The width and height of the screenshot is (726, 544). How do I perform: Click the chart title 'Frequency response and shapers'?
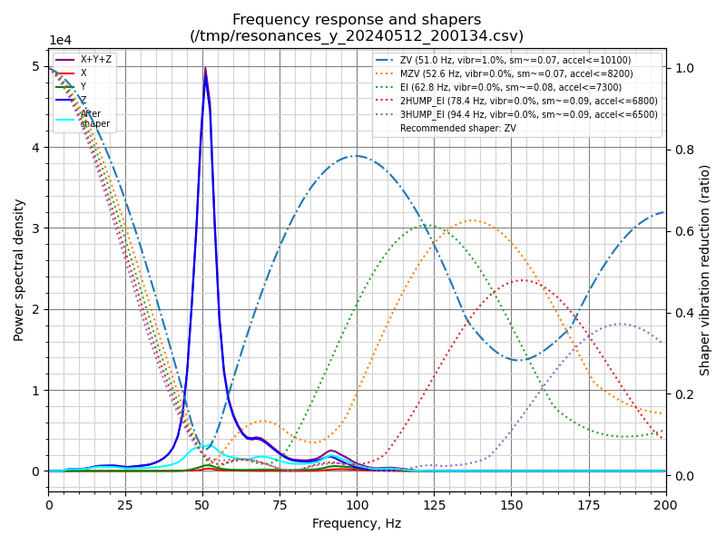357,20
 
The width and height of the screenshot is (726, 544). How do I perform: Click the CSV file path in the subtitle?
357,36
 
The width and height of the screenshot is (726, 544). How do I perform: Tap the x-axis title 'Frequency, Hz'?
357,523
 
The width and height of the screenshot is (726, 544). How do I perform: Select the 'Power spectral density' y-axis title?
20,269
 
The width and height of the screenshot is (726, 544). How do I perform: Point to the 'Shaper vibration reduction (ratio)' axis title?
705,269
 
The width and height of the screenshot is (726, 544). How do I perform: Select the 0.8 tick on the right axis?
683,150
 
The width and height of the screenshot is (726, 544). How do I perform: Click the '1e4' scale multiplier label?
60,41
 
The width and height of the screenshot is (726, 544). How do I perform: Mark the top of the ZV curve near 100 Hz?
357,156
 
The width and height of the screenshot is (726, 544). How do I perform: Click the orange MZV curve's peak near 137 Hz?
472,220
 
